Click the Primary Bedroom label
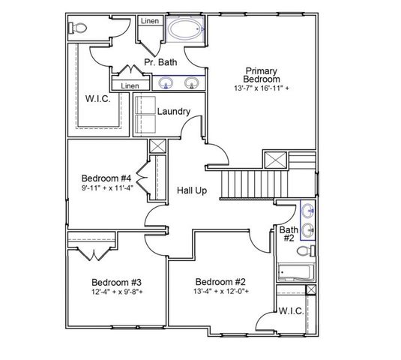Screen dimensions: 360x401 tap(262, 74)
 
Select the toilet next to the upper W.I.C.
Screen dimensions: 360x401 tap(78, 28)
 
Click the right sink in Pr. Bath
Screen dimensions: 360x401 tap(192, 83)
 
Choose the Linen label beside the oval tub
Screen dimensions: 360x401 tap(149, 21)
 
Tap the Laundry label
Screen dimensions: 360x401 tap(172, 112)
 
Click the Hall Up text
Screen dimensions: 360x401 tap(192, 190)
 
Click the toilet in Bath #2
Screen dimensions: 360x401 tap(307, 250)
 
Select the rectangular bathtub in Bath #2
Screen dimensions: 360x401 tap(295, 272)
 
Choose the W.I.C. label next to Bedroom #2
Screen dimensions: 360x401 tap(290, 310)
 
